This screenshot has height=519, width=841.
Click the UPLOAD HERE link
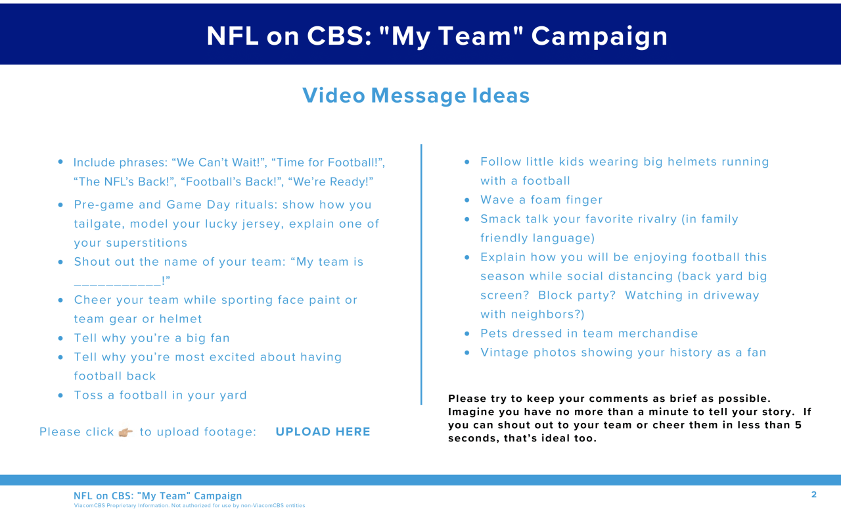coord(323,432)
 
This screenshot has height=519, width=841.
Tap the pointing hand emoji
coord(125,432)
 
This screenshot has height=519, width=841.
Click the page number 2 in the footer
coord(813,495)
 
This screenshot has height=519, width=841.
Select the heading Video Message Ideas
coord(416,95)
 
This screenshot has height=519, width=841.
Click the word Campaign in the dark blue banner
coord(600,37)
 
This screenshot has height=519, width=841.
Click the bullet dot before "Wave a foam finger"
coord(467,200)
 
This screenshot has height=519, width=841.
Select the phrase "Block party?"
coord(577,295)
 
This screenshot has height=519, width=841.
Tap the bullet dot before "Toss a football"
coord(60,395)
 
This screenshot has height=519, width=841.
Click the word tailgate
coord(99,224)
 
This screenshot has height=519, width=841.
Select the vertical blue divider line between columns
coord(421,274)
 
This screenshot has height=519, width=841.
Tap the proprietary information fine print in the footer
coord(189,505)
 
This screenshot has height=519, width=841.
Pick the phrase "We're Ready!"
coord(330,182)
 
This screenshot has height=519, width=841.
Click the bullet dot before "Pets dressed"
coord(467,334)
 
